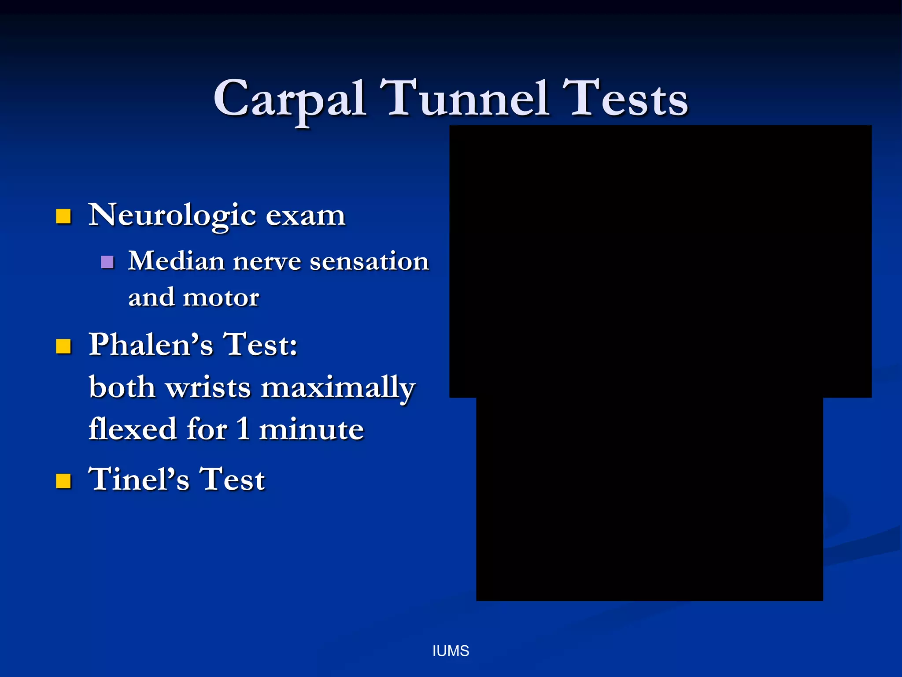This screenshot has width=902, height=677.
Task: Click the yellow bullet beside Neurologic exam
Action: (63, 216)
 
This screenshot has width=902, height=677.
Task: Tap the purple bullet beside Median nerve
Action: (107, 262)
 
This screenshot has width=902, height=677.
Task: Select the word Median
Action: (177, 261)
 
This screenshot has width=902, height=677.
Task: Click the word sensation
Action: (369, 261)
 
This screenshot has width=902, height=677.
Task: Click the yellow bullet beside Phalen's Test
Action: (63, 346)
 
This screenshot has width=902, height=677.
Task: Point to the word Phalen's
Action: (151, 344)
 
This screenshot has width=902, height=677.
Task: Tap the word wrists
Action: (208, 388)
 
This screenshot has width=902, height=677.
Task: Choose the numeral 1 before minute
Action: (243, 429)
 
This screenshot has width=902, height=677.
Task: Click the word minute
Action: (311, 429)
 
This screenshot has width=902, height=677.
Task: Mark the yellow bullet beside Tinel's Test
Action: (63, 481)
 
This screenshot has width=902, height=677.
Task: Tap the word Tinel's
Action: (139, 479)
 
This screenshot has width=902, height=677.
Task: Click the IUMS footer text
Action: (451, 651)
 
